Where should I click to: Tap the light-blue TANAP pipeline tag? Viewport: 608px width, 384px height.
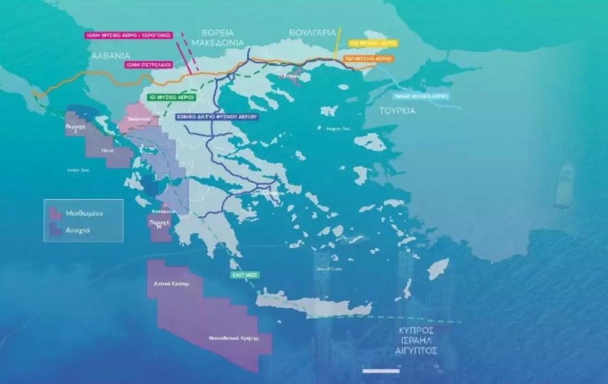[x=422, y=96]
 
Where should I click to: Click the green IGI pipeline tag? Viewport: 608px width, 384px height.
[x=172, y=97]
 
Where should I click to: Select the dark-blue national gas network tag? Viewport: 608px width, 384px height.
[x=216, y=118]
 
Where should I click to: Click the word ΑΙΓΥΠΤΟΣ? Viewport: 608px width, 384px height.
[x=414, y=351]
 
